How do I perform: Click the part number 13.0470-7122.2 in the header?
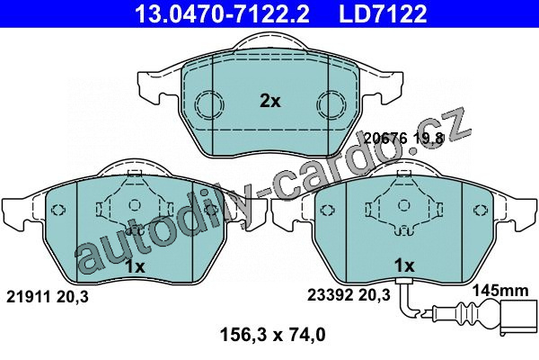tap(223, 13)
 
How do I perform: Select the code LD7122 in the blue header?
tap(383, 13)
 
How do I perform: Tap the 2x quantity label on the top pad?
tap(270, 102)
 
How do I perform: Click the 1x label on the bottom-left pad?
tap(135, 266)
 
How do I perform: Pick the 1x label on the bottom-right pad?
tap(404, 265)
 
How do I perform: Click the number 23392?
tap(330, 295)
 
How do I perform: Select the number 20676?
tap(385, 138)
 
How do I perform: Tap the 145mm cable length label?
tap(500, 291)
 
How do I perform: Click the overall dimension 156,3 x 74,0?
tap(272, 335)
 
